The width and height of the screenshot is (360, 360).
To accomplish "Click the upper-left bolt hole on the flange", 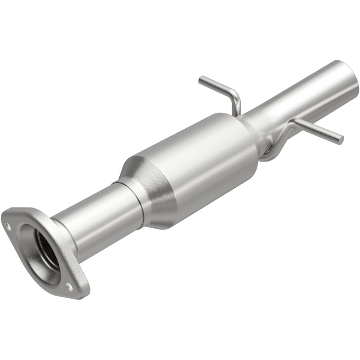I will coord(8,226).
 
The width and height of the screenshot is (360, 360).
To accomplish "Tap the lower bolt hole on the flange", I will coord(69,285).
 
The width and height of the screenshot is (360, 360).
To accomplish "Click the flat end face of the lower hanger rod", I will coord(341,140).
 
